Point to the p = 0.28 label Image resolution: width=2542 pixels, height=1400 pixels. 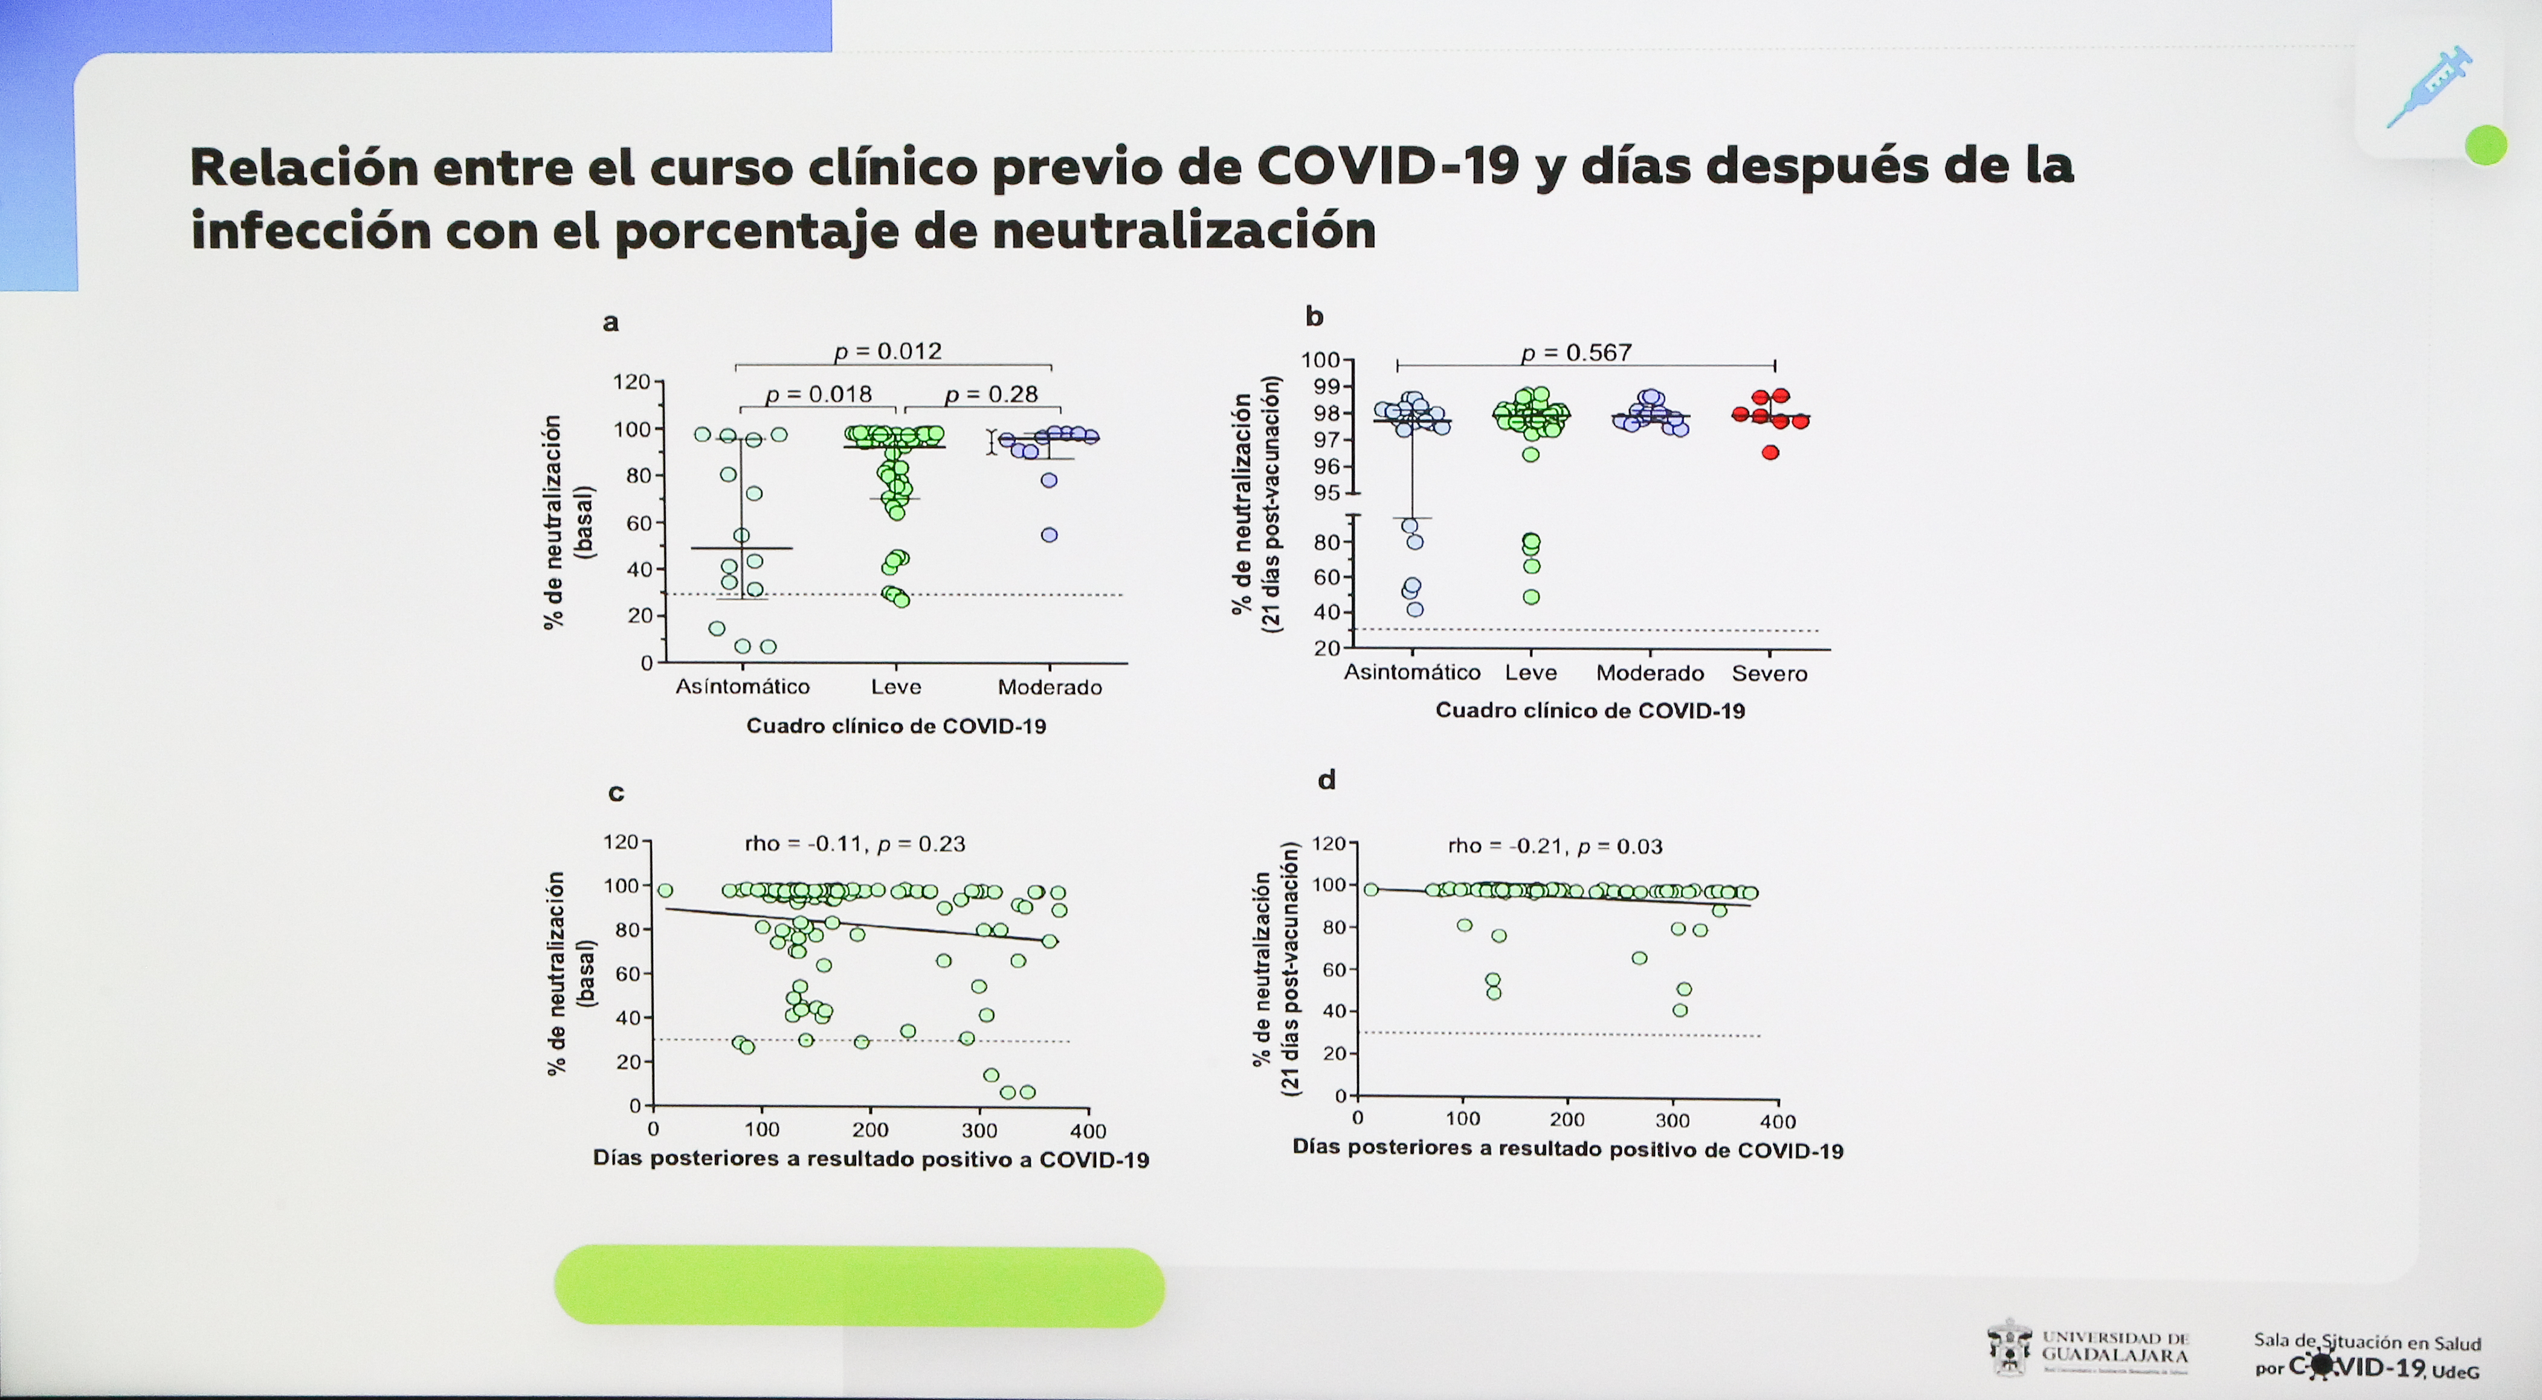(991, 394)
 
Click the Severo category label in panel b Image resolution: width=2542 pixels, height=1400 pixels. (1769, 674)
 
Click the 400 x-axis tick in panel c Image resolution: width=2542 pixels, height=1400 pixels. (1088, 1131)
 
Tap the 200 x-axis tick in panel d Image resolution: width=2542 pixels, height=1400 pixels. (1567, 1120)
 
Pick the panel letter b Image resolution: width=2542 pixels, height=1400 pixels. (1314, 316)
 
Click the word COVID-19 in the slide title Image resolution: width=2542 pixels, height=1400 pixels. (1387, 167)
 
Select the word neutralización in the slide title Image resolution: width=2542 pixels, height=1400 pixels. (1184, 231)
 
